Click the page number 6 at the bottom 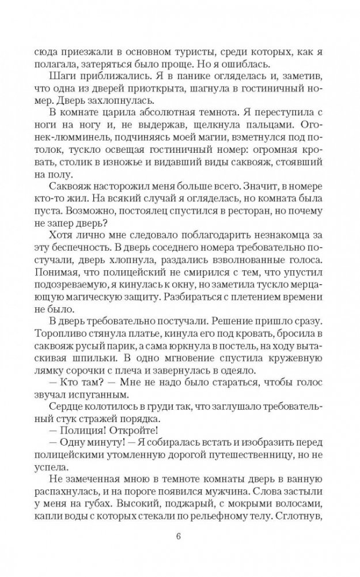[x=180, y=538]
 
